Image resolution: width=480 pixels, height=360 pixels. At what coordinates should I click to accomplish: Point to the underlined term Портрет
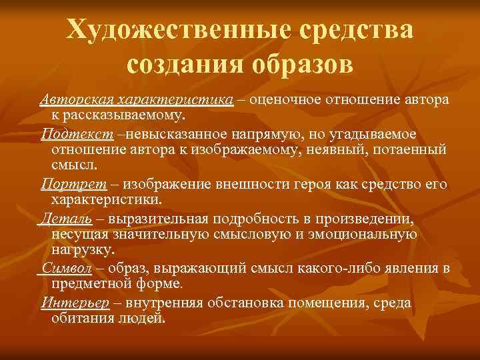coord(64,184)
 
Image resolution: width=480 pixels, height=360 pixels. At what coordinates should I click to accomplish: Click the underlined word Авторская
coord(75,100)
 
